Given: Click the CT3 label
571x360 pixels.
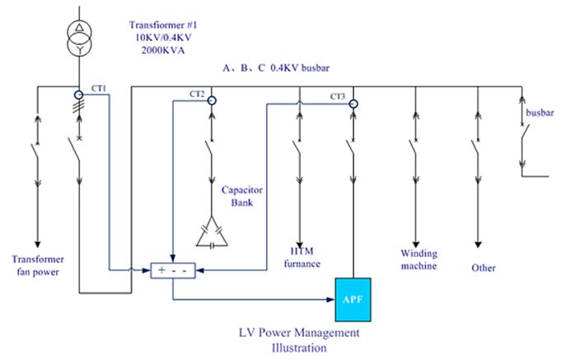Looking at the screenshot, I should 338,96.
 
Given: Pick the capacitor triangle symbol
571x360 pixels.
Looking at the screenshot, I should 212,235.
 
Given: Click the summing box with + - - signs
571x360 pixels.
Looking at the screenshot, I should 172,269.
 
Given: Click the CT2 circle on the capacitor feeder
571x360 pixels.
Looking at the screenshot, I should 212,101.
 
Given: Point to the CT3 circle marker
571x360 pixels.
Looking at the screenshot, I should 353,104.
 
